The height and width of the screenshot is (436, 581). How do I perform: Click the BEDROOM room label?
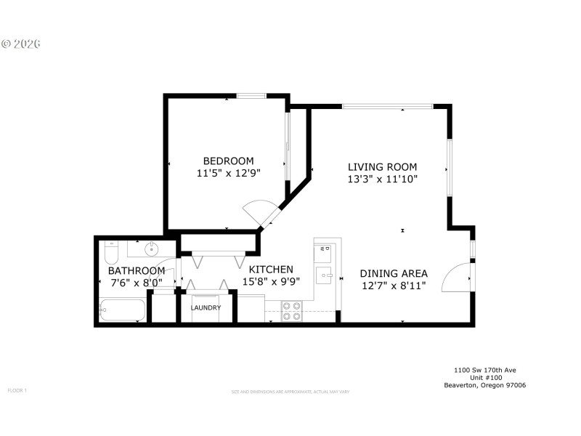[x=228, y=161]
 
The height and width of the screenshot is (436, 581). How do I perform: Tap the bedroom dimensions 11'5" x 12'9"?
[x=228, y=173]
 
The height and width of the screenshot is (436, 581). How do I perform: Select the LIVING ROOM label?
[x=382, y=166]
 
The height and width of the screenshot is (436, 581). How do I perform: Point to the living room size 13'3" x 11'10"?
[x=382, y=178]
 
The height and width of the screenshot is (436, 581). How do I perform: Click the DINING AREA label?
[x=394, y=273]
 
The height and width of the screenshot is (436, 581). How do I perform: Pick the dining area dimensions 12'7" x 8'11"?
[x=394, y=286]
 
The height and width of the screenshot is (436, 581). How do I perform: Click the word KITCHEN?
[x=267, y=269]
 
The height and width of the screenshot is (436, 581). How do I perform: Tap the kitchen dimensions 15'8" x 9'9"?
[x=267, y=281]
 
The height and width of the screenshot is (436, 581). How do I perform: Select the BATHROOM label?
[x=137, y=270]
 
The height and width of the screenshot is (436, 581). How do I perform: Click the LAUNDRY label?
[x=206, y=307]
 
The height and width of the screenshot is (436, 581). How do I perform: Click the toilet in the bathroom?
[x=111, y=253]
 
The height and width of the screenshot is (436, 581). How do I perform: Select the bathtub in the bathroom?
[x=122, y=310]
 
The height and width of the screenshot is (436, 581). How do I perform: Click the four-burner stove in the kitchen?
[x=292, y=311]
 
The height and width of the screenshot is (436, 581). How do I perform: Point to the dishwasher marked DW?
[x=324, y=252]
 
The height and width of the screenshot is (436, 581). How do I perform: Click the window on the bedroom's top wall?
[x=251, y=95]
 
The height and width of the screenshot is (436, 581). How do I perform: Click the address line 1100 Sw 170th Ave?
[x=484, y=370]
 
